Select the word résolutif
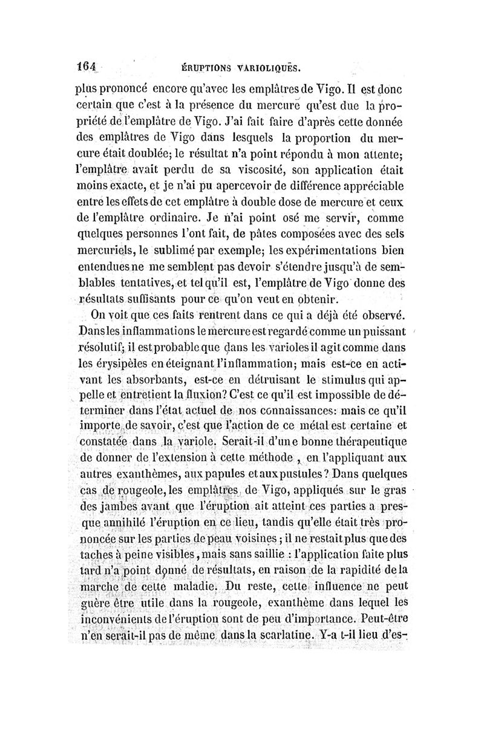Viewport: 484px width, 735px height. (x=103, y=347)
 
